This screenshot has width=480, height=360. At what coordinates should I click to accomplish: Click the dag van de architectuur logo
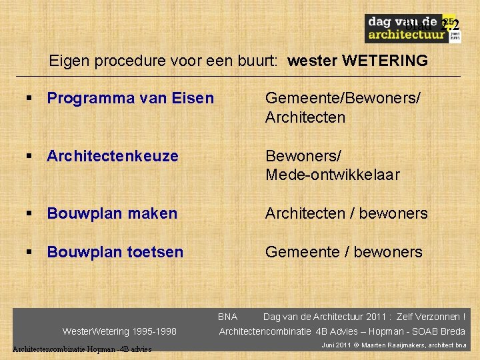(411, 29)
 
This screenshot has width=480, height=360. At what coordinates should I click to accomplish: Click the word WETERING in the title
(385, 61)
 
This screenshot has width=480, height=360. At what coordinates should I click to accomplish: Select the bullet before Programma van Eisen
(29, 99)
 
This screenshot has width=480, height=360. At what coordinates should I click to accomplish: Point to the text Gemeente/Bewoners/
(343, 99)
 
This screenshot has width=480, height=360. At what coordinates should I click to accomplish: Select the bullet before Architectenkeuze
(29, 156)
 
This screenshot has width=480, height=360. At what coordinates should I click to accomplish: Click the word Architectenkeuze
(113, 156)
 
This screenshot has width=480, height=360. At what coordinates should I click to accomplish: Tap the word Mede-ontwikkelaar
(332, 175)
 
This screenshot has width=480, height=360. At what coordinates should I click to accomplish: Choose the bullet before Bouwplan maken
(29, 213)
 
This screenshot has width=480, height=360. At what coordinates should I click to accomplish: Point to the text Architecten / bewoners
(346, 213)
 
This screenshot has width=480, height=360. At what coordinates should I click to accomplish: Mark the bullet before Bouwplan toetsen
(29, 252)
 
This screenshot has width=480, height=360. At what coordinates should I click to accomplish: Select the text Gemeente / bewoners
(343, 252)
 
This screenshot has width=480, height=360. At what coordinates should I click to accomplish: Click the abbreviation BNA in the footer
(227, 317)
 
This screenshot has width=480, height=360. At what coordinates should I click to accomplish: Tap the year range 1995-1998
(155, 331)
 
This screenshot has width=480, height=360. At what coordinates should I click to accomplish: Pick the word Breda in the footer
(453, 331)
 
